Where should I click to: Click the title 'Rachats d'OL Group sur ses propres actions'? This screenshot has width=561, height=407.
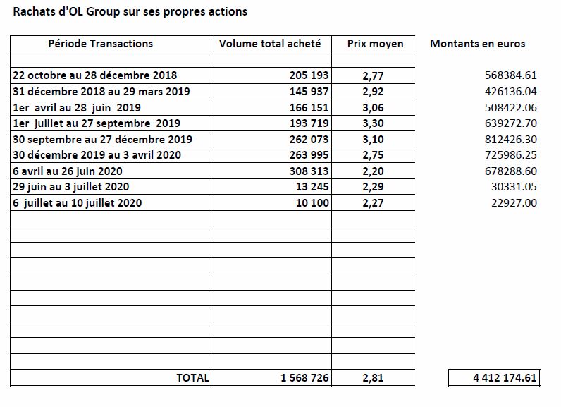[130, 11]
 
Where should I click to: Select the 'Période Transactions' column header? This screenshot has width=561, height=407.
[101, 43]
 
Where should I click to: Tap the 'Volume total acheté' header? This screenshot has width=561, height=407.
[270, 43]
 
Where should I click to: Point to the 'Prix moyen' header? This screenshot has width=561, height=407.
[375, 44]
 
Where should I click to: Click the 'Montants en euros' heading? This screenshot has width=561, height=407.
[477, 43]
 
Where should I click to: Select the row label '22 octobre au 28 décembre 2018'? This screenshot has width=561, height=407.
[95, 75]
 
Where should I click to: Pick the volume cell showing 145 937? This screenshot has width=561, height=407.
[309, 91]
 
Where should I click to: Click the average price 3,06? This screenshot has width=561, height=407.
[373, 107]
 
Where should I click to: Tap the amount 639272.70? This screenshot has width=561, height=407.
[510, 123]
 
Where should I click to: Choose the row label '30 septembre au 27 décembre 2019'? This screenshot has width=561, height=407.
[102, 139]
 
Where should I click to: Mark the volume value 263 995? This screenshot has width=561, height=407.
[309, 154]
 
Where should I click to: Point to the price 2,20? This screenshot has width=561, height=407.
[373, 171]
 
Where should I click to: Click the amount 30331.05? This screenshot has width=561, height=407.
[514, 186]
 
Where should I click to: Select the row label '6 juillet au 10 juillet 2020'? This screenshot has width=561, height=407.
[78, 202]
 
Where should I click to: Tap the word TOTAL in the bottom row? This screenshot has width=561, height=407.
[192, 377]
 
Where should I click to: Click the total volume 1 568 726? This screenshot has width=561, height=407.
[304, 377]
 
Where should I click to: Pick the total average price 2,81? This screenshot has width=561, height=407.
[373, 377]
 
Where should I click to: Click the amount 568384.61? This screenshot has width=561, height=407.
[510, 75]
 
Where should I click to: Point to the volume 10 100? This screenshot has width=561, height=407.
[312, 202]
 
